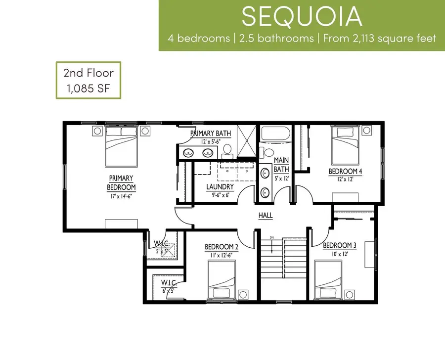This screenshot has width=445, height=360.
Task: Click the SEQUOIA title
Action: pyautogui.click(x=301, y=17)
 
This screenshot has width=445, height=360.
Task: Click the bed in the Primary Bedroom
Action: pyautogui.click(x=121, y=147)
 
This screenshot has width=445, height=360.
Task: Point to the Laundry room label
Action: pyautogui.click(x=220, y=187)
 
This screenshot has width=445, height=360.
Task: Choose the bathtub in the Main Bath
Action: pyautogui.click(x=275, y=134)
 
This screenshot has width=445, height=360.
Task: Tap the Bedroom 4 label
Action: pyautogui.click(x=345, y=172)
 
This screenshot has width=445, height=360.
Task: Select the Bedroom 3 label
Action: pyautogui.click(x=340, y=245)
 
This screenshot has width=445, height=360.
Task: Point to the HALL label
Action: pyautogui.click(x=266, y=216)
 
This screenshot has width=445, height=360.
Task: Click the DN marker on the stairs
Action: pyautogui.click(x=271, y=238)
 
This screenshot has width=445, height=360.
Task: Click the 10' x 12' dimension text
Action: pyautogui.click(x=340, y=254)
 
